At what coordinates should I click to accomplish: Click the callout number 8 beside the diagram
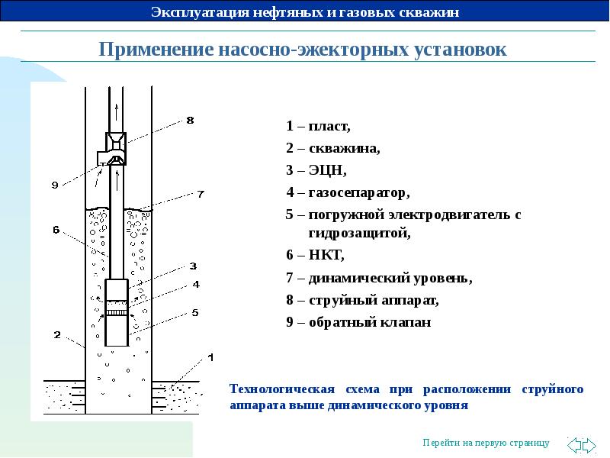(x=190, y=120)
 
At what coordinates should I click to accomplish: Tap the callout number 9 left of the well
(x=55, y=185)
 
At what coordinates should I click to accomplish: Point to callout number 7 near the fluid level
(x=201, y=194)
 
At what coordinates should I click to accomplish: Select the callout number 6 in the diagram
(x=56, y=230)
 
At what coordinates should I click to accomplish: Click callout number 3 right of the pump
(x=193, y=266)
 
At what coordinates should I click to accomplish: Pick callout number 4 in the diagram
(x=196, y=284)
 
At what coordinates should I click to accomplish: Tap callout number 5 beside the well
(x=195, y=312)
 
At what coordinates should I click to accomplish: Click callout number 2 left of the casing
(x=57, y=334)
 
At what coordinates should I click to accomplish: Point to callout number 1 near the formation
(x=210, y=357)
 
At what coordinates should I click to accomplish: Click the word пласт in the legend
(x=329, y=126)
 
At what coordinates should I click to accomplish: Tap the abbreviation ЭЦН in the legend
(x=327, y=170)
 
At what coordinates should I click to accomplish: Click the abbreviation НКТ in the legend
(x=326, y=255)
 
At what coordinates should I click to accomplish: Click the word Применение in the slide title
(x=156, y=50)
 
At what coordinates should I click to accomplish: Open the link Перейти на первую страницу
(x=486, y=443)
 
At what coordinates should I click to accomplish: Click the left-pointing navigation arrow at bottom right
(x=574, y=445)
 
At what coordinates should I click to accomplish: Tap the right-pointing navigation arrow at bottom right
(x=589, y=445)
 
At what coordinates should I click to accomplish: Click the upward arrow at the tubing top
(x=116, y=112)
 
